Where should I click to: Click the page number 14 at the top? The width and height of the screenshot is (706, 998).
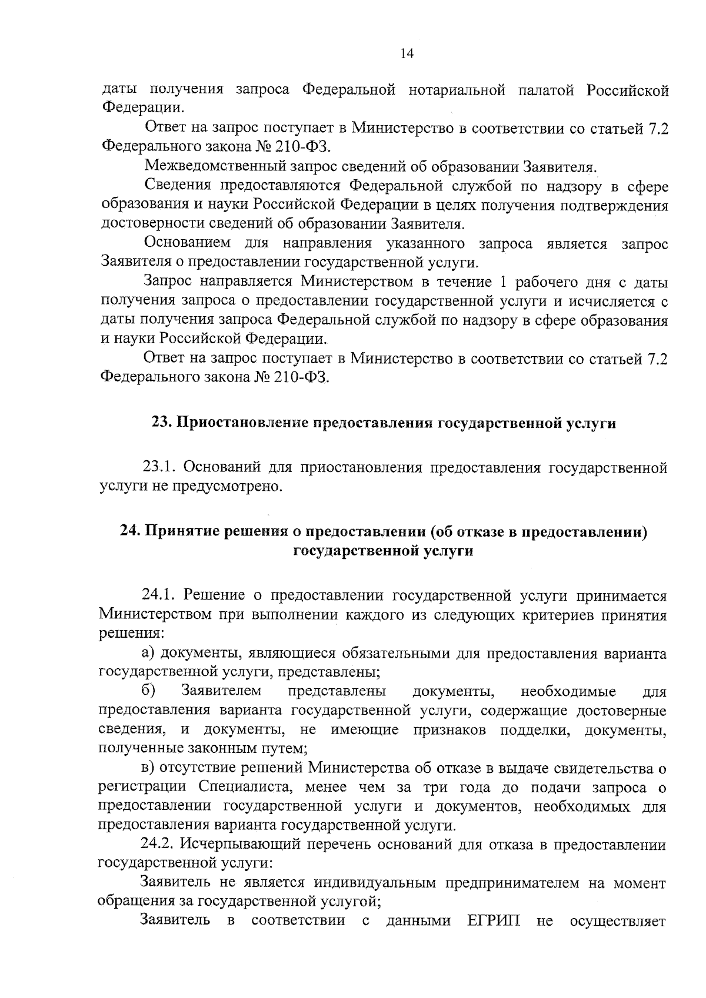[x=407, y=54]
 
